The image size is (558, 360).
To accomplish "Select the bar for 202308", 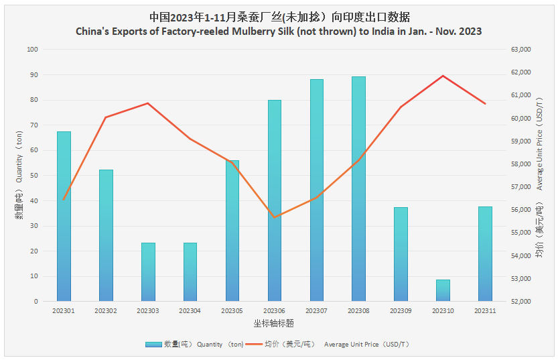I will pyautogui.click(x=358, y=189).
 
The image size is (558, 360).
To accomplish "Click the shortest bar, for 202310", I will pyautogui.click(x=443, y=290).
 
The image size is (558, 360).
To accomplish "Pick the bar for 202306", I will pyautogui.click(x=275, y=200).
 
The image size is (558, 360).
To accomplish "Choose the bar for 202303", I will pyautogui.click(x=148, y=272).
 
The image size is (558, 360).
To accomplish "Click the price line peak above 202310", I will pyautogui.click(x=443, y=76).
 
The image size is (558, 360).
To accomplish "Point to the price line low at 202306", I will pyautogui.click(x=275, y=217).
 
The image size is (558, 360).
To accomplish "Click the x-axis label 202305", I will pyautogui.click(x=232, y=311).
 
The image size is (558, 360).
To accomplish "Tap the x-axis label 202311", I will pyautogui.click(x=484, y=311).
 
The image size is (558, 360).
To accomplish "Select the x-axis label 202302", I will pyautogui.click(x=106, y=311).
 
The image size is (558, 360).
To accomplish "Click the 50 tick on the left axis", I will pyautogui.click(x=34, y=176).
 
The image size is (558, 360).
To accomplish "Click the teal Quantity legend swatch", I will pyautogui.click(x=153, y=344).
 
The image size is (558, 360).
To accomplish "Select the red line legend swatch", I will pyautogui.click(x=253, y=344).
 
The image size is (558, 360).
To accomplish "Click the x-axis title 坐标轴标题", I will pyautogui.click(x=274, y=323).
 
